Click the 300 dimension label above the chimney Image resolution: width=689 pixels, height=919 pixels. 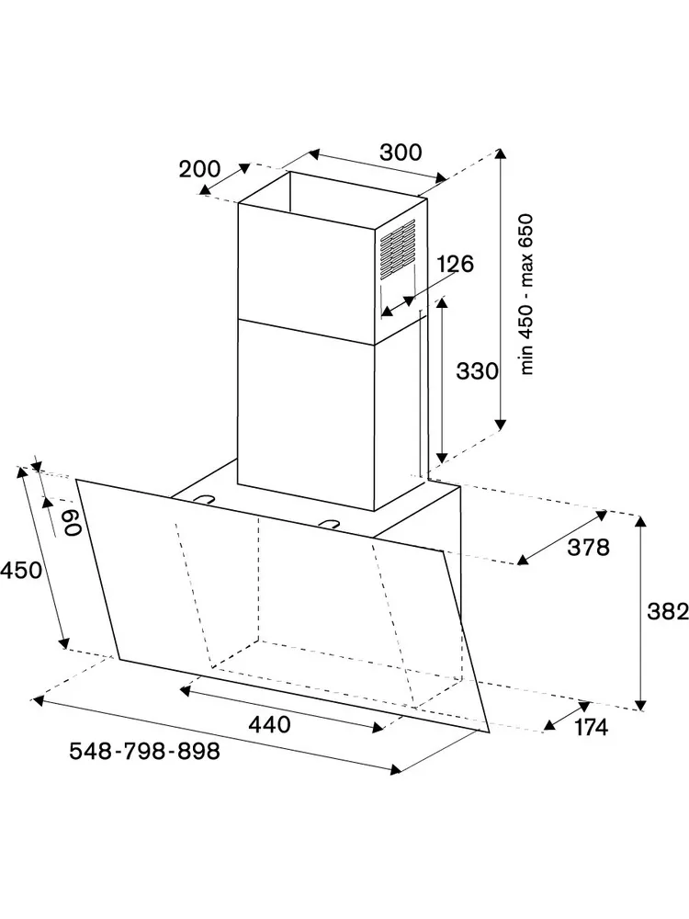coord(401,152)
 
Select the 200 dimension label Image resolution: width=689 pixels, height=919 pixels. coord(199,169)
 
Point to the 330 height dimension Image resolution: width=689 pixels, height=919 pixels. coord(477,371)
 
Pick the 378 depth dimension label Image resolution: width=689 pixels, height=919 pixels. coord(588,548)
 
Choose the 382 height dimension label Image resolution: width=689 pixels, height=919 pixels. coord(667,611)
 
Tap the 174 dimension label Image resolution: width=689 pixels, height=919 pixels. coord(591,727)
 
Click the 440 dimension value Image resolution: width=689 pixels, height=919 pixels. coord(269,724)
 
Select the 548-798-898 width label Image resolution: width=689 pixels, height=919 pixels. coord(145,751)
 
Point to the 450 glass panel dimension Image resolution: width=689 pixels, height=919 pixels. coord(21,570)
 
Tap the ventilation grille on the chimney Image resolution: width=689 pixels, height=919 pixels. coord(398,248)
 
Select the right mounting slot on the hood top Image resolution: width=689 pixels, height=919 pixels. coord(331,523)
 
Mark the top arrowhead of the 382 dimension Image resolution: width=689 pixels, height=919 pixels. coord(641,519)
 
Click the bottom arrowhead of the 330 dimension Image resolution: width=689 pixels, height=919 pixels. coord(442,458)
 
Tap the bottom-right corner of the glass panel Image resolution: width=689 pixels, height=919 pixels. coord(489,732)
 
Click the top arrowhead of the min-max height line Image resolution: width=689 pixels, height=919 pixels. coord(500,153)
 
